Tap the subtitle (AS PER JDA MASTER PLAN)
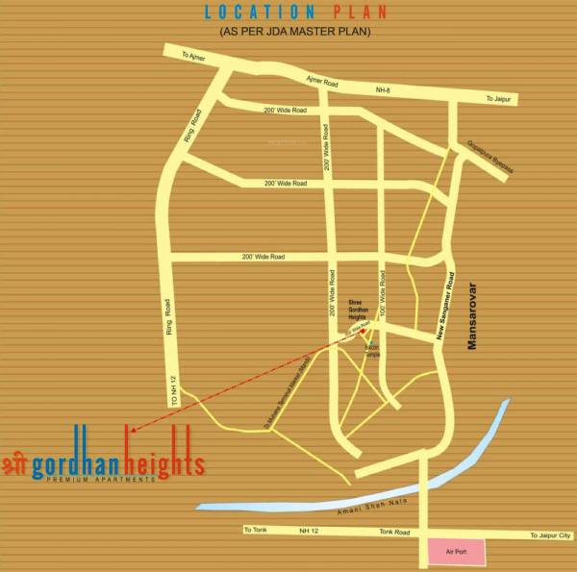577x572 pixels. point(295,32)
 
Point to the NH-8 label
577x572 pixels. point(384,90)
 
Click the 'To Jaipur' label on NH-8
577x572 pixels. point(501,99)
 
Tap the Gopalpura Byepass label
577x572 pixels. point(489,154)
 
